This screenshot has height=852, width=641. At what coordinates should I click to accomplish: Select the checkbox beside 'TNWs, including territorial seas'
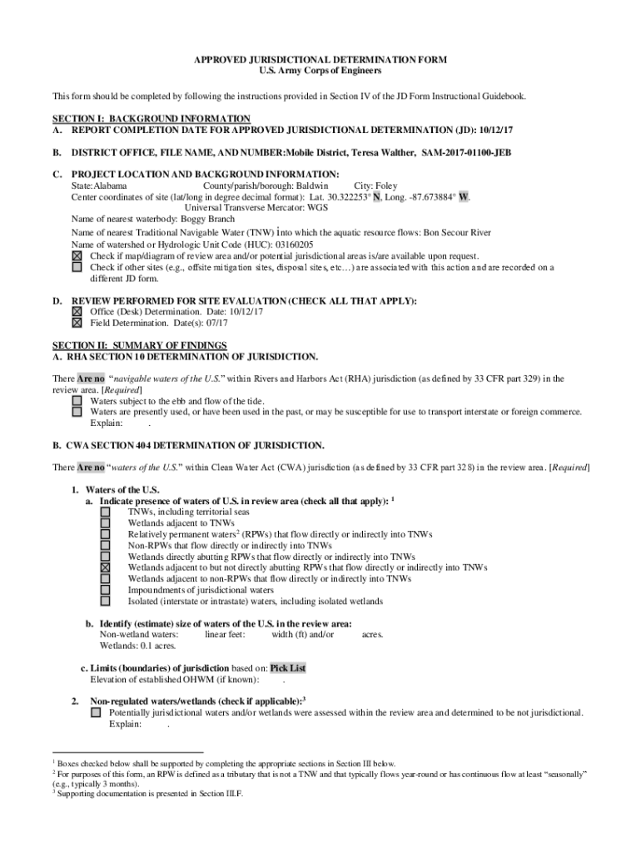[106, 513]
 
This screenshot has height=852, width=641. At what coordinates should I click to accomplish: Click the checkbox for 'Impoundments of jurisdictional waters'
[106, 590]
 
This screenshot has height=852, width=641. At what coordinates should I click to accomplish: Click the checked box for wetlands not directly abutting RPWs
[106, 567]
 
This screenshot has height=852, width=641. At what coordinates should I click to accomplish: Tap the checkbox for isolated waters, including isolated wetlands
[106, 601]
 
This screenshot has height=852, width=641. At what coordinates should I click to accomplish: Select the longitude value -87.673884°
[427, 197]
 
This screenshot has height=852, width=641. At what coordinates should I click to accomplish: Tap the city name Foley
[386, 186]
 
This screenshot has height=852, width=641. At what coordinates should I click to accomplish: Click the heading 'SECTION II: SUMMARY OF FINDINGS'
[140, 345]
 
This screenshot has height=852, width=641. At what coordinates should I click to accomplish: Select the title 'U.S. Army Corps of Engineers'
[320, 72]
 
